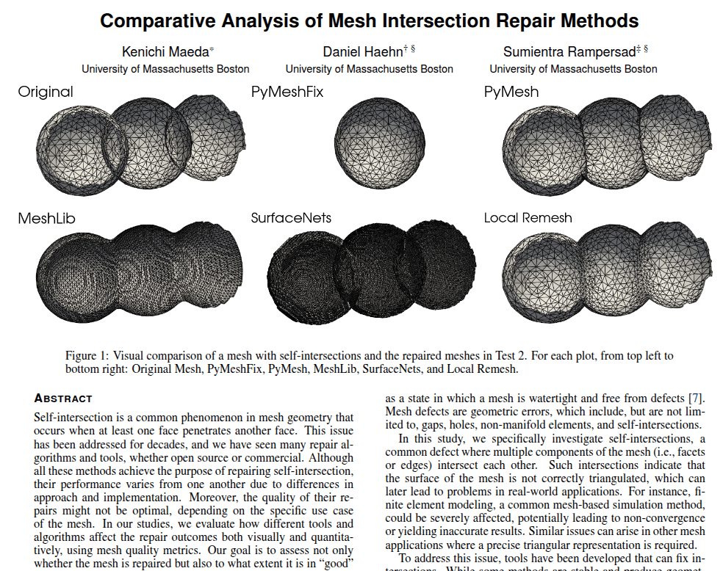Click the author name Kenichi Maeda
pos(165,52)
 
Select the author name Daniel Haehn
pos(363,52)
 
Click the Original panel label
pos(46,92)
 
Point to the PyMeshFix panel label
pos(287,92)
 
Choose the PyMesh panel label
pos(511,92)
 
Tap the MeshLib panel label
pos(46,218)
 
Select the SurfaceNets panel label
pos(291,218)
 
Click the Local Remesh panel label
pos(528,218)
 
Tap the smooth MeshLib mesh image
pos(138,267)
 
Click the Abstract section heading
pos(63,399)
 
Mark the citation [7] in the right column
pos(694,399)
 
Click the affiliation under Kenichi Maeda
pos(165,69)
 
